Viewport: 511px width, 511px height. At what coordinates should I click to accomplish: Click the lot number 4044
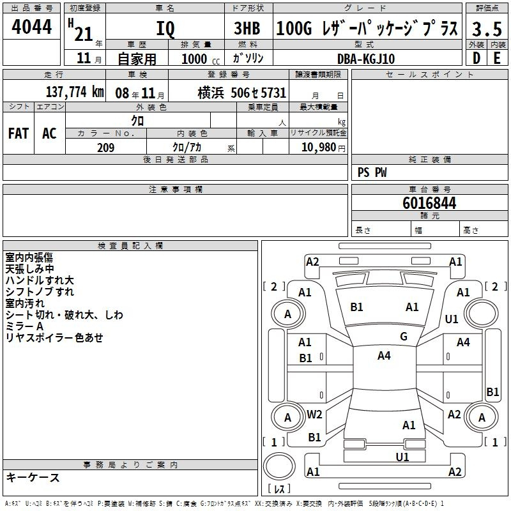(x=31, y=26)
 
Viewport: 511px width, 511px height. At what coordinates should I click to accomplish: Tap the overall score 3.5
(x=487, y=29)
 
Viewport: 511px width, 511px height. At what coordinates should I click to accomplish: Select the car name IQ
(x=165, y=29)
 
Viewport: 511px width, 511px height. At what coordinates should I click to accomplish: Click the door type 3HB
(x=247, y=28)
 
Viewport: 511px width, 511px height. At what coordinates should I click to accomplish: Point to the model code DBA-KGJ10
(x=366, y=59)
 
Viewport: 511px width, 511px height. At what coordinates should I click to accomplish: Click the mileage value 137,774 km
(x=75, y=92)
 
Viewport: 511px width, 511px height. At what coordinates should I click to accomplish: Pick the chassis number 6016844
(x=429, y=203)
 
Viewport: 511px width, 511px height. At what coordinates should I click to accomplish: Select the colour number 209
(x=106, y=148)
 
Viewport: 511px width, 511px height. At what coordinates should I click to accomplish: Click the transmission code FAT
(x=19, y=133)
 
